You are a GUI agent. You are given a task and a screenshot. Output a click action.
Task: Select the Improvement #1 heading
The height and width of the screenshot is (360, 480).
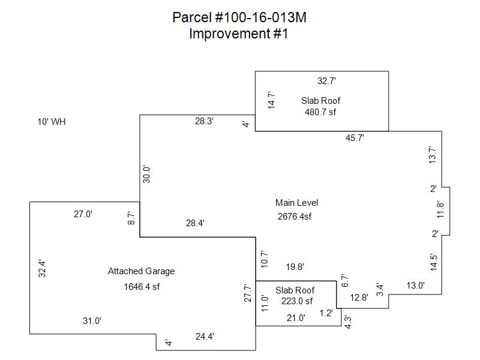click(239, 34)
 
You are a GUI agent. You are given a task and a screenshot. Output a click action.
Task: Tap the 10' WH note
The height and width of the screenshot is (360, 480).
click(51, 122)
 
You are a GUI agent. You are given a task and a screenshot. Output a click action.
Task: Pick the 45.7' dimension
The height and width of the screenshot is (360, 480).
click(355, 138)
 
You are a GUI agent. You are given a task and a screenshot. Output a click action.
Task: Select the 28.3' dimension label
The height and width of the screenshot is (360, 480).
click(204, 121)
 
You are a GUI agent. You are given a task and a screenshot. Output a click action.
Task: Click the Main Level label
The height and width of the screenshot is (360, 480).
click(296, 202)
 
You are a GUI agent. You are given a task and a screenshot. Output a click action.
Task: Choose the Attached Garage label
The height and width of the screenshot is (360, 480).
click(141, 271)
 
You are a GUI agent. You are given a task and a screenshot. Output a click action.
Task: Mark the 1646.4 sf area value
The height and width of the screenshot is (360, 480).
click(142, 286)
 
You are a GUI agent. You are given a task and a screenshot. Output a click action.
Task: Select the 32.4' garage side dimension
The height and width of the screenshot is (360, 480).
click(41, 267)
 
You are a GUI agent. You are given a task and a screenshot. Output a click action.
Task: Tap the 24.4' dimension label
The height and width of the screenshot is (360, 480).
click(205, 337)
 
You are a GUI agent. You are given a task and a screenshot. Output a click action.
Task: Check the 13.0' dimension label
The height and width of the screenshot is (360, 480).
click(415, 286)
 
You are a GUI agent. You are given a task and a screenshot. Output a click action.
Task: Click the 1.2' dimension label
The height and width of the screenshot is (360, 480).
click(326, 313)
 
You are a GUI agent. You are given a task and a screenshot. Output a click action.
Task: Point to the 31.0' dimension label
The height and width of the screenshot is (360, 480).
click(92, 321)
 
